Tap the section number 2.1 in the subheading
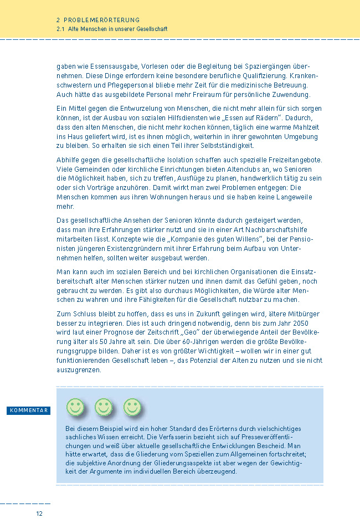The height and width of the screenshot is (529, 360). (x=60, y=28)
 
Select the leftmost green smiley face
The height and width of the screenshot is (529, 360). (x=75, y=407)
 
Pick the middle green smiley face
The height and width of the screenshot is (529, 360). (x=104, y=407)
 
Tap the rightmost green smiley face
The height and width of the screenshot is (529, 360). (x=132, y=407)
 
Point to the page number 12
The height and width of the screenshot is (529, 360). (x=39, y=513)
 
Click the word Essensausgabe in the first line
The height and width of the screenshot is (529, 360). (x=107, y=65)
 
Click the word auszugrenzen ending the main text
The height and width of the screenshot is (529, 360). (x=79, y=370)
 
